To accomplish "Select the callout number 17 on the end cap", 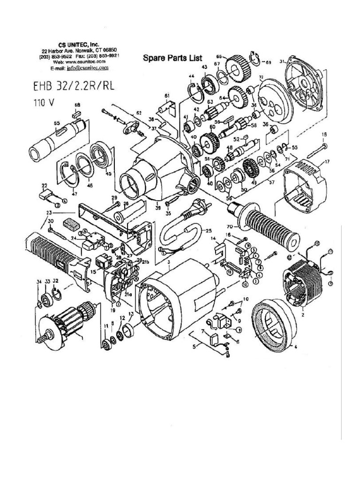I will point(326,162).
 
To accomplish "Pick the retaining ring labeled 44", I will point(195,89).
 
